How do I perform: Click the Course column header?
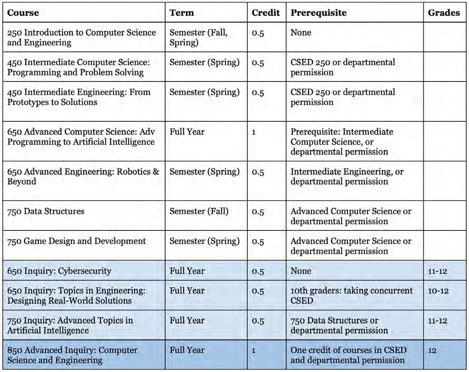coord(23,13)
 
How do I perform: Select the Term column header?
coord(182,13)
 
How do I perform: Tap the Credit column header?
coord(266,13)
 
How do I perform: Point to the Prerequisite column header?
coord(318,13)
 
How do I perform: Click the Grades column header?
coord(444,13)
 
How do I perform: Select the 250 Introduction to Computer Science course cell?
coord(82,37)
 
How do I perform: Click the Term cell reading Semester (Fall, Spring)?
coord(198,37)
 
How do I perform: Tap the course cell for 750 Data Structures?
coord(46,212)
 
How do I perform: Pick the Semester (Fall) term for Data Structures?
coord(199,212)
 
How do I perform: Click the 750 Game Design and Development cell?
coord(77,241)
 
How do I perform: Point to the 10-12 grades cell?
coord(437,291)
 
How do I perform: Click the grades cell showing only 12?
coord(433,351)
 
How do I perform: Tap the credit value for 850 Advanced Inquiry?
coord(254,351)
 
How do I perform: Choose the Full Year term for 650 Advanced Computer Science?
coord(187,132)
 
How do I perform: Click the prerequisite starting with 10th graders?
coord(351,295)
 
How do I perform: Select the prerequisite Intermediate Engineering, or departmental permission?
coord(347,177)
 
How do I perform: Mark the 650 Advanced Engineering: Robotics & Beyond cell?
coord(83,177)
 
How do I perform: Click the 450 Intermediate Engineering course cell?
coord(79,97)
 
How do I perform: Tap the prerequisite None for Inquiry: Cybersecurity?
coord(301,271)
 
